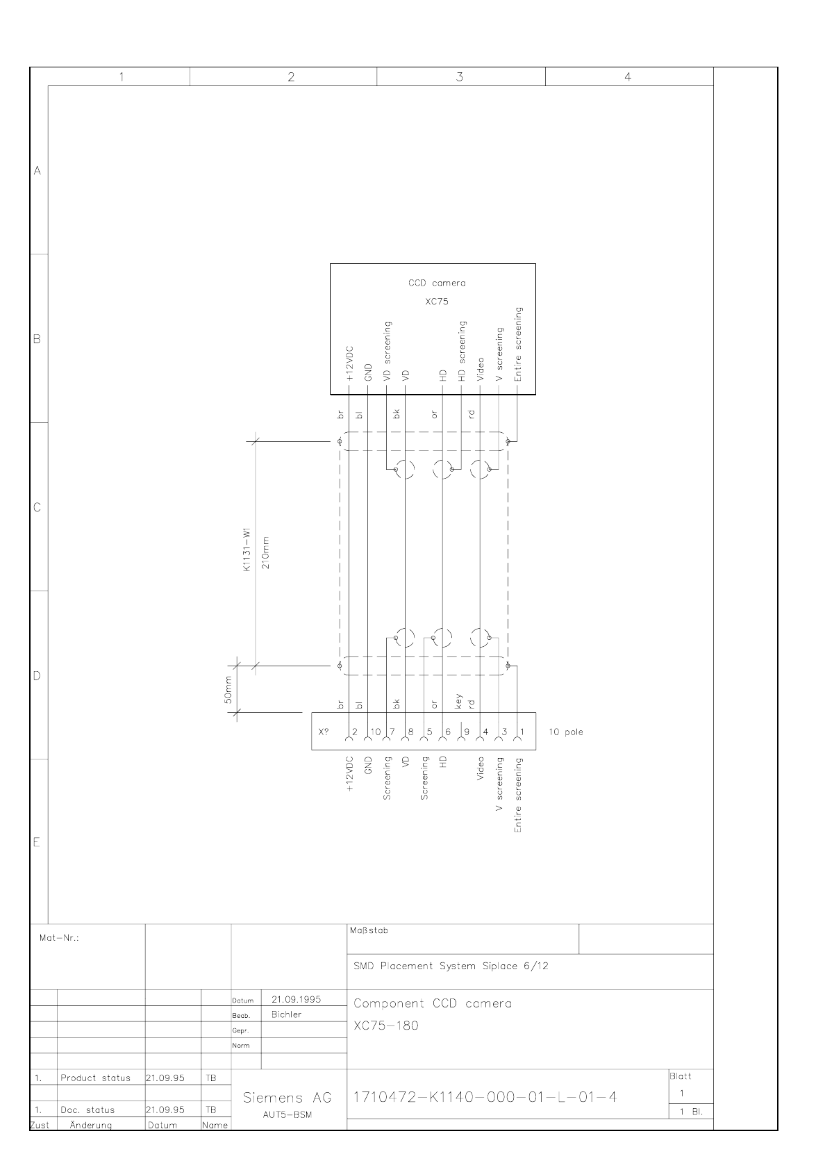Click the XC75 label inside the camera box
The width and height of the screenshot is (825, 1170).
[x=437, y=302]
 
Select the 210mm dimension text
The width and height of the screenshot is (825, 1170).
[x=265, y=552]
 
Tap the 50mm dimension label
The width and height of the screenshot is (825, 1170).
[x=228, y=690]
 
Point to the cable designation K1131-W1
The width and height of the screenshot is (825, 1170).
[x=247, y=550]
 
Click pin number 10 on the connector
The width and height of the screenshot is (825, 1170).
[x=376, y=732]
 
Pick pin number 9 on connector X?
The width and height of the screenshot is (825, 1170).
[x=467, y=732]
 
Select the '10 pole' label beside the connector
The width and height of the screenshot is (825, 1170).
[x=565, y=732]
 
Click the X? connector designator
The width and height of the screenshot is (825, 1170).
[x=324, y=732]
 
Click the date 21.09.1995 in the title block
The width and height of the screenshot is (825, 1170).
[x=296, y=999]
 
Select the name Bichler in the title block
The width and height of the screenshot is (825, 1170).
[x=286, y=1014]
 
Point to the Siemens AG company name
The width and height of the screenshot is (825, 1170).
[x=287, y=1098]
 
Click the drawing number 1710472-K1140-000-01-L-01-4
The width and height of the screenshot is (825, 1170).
[x=485, y=1097]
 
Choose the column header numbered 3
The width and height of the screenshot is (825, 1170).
[x=460, y=77]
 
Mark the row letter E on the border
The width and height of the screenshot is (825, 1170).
[x=37, y=842]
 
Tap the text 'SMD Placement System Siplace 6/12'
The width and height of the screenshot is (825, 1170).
[x=451, y=966]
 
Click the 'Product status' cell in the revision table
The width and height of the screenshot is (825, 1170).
[x=96, y=1078]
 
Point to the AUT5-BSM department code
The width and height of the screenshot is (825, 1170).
[x=287, y=1114]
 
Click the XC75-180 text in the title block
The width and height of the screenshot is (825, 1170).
[x=386, y=1025]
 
